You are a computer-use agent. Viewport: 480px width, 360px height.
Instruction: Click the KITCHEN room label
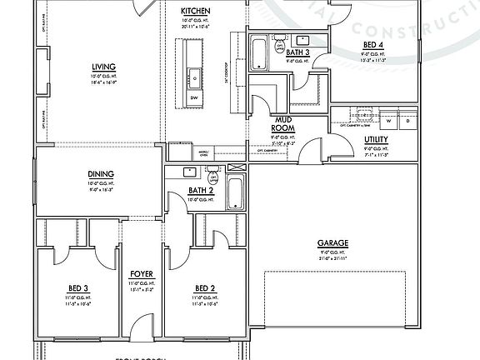(x=196, y=11)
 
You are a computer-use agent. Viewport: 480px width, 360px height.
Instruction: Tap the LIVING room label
(x=103, y=67)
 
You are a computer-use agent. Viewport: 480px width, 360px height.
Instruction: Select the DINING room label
(x=100, y=174)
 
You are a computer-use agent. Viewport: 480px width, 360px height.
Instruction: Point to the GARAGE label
(x=332, y=244)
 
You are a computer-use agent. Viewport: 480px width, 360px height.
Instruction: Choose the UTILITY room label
(x=376, y=140)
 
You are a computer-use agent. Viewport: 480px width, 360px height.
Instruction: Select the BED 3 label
(x=79, y=289)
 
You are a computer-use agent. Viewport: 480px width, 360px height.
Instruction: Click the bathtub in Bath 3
(x=257, y=53)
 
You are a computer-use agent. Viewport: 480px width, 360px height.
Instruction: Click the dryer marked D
(x=409, y=121)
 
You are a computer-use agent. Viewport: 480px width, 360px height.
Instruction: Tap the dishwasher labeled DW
(x=193, y=97)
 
